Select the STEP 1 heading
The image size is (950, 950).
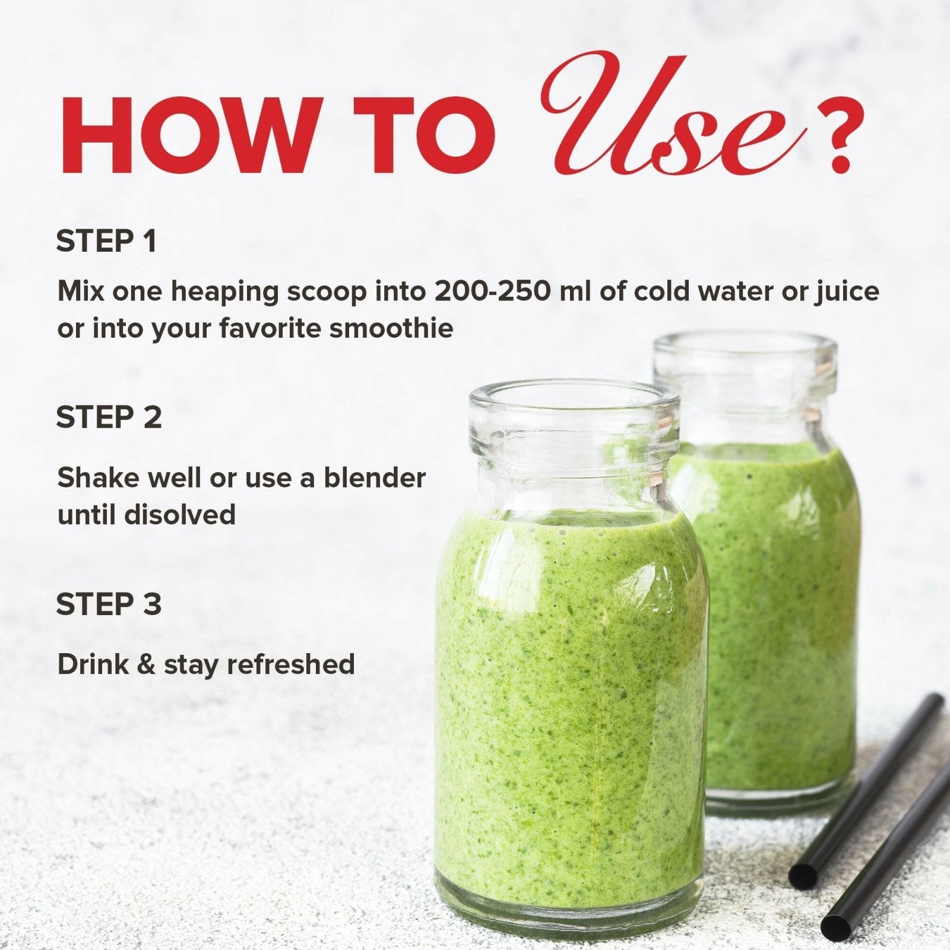click(106, 242)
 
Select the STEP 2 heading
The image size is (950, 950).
click(109, 417)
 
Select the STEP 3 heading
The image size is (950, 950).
click(109, 604)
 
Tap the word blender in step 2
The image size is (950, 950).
click(374, 478)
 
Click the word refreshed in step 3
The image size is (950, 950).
click(290, 664)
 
